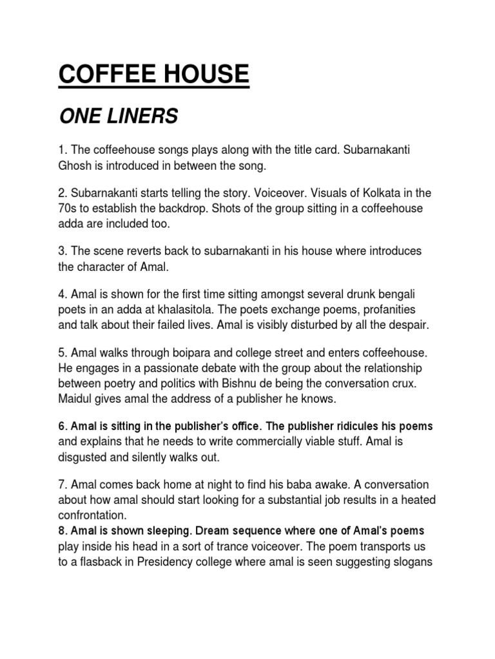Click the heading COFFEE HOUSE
click(x=153, y=74)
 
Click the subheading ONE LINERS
click(x=118, y=116)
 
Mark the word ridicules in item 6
click(x=365, y=427)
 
